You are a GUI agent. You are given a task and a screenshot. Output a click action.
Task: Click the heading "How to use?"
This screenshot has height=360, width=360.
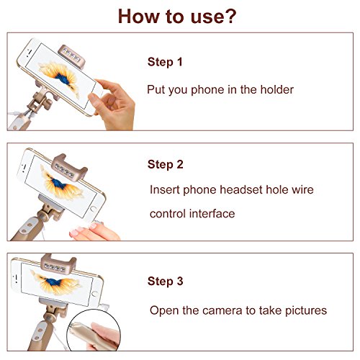coord(177,17)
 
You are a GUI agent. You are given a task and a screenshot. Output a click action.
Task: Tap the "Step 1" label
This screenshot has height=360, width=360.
coord(165,62)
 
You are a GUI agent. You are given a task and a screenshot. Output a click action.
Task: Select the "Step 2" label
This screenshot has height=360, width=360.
coord(166,164)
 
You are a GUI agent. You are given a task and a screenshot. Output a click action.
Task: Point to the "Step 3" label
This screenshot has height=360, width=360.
coord(166,281)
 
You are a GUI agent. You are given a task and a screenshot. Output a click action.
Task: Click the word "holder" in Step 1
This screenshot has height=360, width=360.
coord(277,89)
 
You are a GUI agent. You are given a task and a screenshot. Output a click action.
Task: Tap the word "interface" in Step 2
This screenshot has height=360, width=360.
coord(212,213)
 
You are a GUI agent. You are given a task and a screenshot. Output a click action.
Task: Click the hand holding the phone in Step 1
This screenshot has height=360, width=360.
coord(113,104)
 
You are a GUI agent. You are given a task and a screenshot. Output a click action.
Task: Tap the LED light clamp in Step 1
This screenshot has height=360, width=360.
coord(72,57)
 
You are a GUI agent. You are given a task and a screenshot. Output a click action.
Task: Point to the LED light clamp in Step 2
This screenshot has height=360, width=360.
coord(69,167)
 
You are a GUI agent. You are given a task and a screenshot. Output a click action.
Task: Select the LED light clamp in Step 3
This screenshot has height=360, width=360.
coord(58,264)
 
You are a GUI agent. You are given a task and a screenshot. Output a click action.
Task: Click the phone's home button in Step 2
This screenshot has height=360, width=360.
coord(93,209)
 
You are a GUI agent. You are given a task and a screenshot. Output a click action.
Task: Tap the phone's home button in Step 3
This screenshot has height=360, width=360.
coord(94,294)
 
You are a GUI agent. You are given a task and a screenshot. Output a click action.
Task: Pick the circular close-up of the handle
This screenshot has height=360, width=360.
coord(94,330)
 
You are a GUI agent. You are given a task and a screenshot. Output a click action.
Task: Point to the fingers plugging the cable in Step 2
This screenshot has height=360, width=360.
coord(94,231)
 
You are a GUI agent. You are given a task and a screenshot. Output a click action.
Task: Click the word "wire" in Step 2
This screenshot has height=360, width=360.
coord(302,189)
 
